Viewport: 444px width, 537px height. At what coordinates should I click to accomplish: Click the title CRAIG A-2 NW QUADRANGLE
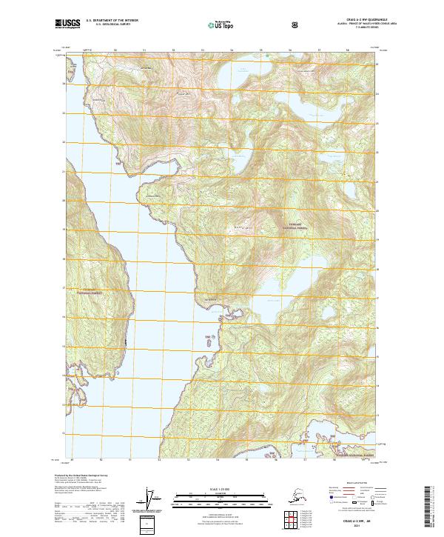[x=347, y=20]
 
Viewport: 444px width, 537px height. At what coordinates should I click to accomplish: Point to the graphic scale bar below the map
[x=221, y=499]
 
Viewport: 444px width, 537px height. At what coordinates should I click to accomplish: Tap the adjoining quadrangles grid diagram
[x=286, y=518]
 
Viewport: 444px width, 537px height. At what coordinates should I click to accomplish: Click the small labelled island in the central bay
[x=215, y=339]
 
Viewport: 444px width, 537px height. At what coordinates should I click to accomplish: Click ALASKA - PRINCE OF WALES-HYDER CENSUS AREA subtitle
[x=347, y=24]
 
